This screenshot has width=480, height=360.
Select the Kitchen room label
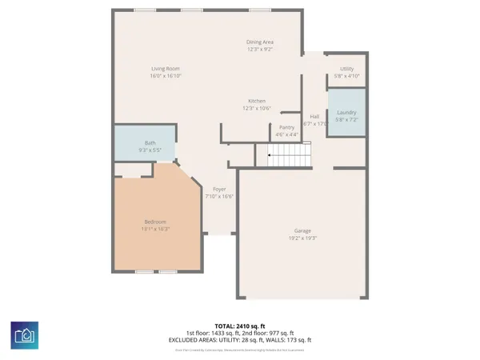pos(257,101)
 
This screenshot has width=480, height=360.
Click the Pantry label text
pos(287,127)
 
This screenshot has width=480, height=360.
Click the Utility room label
pos(346,69)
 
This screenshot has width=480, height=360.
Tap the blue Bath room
pos(150,145)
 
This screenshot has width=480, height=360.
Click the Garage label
pos(302,230)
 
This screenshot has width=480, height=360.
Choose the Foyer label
pos(218,189)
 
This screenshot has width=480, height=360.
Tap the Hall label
pos(315,117)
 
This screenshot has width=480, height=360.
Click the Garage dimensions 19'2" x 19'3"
pos(302,238)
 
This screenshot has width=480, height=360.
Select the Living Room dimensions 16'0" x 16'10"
pos(166,76)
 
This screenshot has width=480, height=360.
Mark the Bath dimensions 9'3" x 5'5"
pos(150,150)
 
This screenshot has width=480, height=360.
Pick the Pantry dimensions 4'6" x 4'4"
pos(287,134)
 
